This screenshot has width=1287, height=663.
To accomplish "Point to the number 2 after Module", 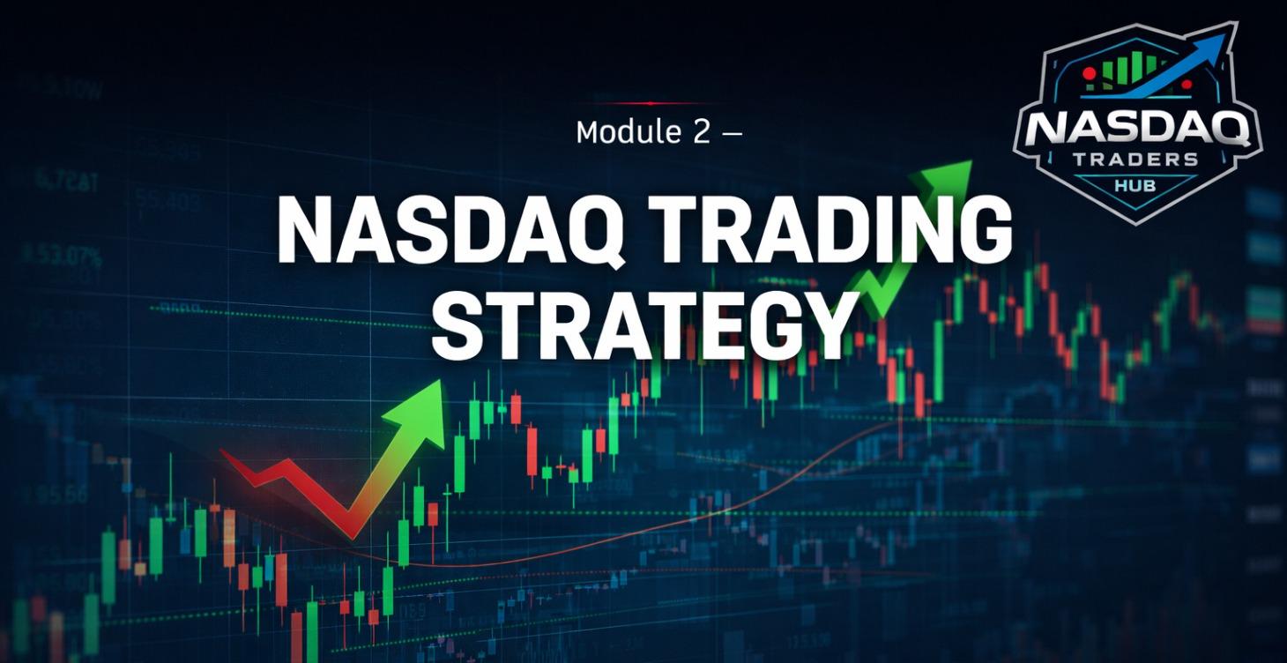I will click(697, 132).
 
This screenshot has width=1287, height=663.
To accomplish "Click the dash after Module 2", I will click(731, 133).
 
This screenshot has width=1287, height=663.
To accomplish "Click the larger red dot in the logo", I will click(1090, 71).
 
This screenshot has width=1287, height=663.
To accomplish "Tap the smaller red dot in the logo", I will click(1187, 85).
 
